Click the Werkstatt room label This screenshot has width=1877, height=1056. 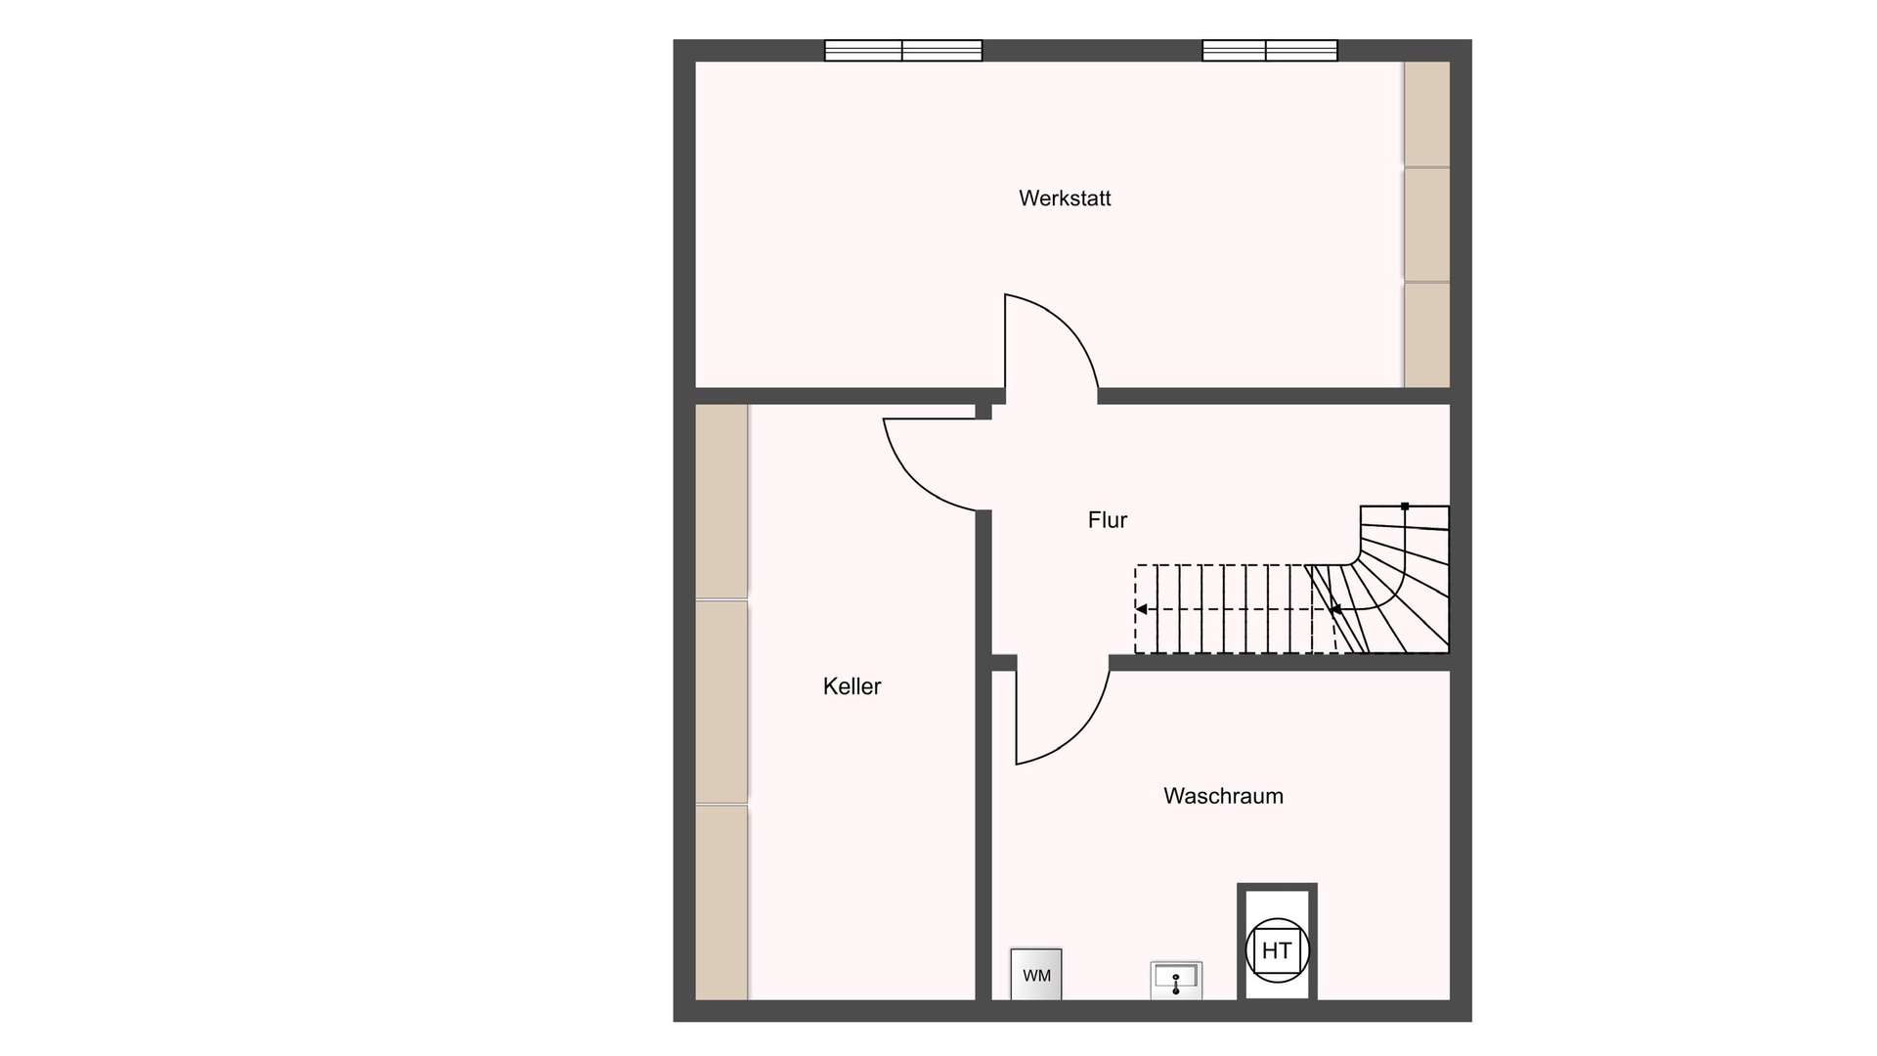[x=1065, y=198]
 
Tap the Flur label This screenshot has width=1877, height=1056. [x=1108, y=520]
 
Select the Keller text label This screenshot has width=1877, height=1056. [x=851, y=686]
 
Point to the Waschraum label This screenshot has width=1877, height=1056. [x=1223, y=796]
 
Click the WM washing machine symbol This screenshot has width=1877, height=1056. [x=1036, y=974]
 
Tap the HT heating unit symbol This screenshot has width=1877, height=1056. [x=1277, y=949]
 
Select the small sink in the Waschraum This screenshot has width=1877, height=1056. [x=1176, y=980]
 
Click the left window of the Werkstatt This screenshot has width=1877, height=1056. [x=903, y=51]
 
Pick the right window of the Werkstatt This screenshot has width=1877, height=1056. [x=1270, y=51]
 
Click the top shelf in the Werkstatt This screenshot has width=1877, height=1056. [x=1427, y=113]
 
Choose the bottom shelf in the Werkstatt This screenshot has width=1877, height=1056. [x=1427, y=335]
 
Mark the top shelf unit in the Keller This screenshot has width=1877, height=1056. [x=721, y=501]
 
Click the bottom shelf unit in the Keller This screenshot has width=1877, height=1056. [x=721, y=902]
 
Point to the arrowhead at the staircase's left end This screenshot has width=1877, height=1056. [x=1141, y=609]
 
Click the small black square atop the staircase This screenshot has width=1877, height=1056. [x=1405, y=506]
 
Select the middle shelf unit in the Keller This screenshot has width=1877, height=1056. [x=721, y=702]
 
